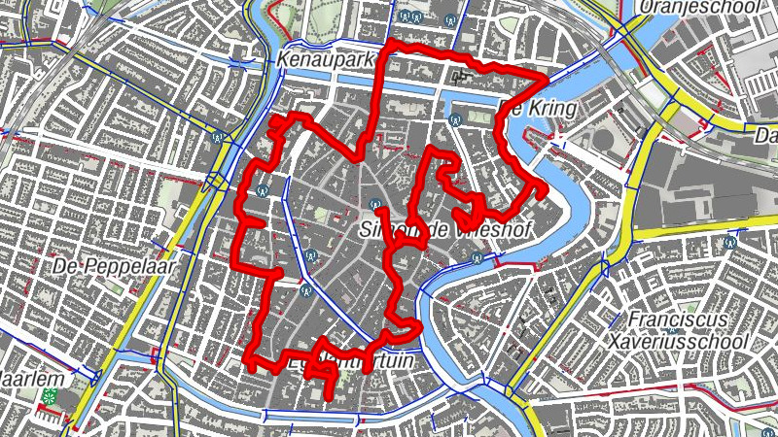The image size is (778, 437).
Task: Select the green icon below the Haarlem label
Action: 49,396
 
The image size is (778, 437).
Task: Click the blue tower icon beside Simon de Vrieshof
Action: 374,204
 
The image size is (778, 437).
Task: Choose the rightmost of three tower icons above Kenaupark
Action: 449,20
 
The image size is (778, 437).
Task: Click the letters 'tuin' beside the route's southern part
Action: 395,360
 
